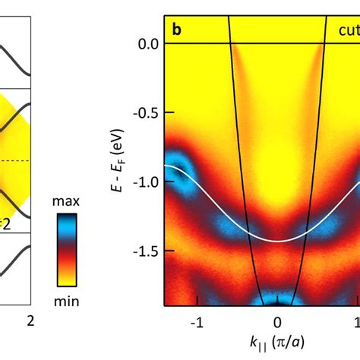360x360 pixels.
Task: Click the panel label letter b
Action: (177, 30)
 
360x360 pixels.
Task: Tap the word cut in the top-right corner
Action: (348, 31)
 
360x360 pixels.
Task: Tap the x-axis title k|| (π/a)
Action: (278, 341)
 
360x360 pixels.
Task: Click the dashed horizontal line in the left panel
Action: (15, 161)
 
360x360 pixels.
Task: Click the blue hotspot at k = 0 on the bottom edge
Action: (278, 298)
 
